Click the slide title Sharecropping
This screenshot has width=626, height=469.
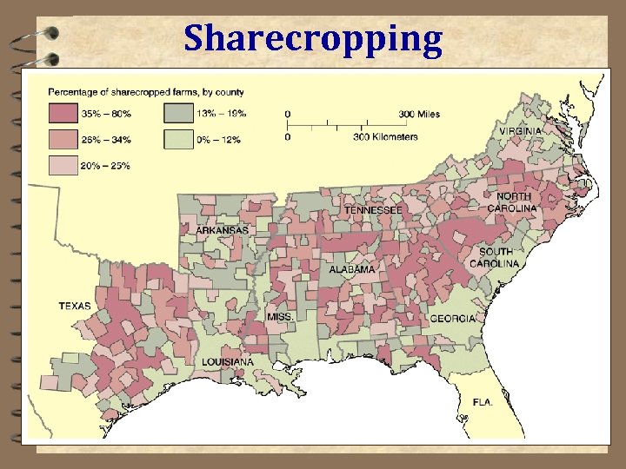[312, 38]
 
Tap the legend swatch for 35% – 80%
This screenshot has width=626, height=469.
[63, 113]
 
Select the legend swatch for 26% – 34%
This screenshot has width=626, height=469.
[63, 139]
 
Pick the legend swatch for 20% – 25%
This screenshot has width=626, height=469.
[63, 165]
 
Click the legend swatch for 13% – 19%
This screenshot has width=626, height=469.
[178, 113]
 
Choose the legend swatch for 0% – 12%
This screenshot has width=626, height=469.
[178, 139]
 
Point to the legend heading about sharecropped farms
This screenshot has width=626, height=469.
[145, 91]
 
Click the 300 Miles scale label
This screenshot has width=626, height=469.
[419, 114]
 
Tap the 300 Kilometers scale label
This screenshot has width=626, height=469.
[385, 136]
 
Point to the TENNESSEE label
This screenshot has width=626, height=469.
[372, 210]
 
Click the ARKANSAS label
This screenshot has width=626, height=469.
[221, 231]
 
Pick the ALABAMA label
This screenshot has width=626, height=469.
[352, 269]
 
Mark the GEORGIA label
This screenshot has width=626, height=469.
[453, 318]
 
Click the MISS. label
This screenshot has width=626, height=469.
[280, 317]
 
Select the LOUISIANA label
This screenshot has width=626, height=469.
[228, 361]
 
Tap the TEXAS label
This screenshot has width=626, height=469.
[75, 306]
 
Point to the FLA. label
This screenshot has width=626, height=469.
[483, 403]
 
